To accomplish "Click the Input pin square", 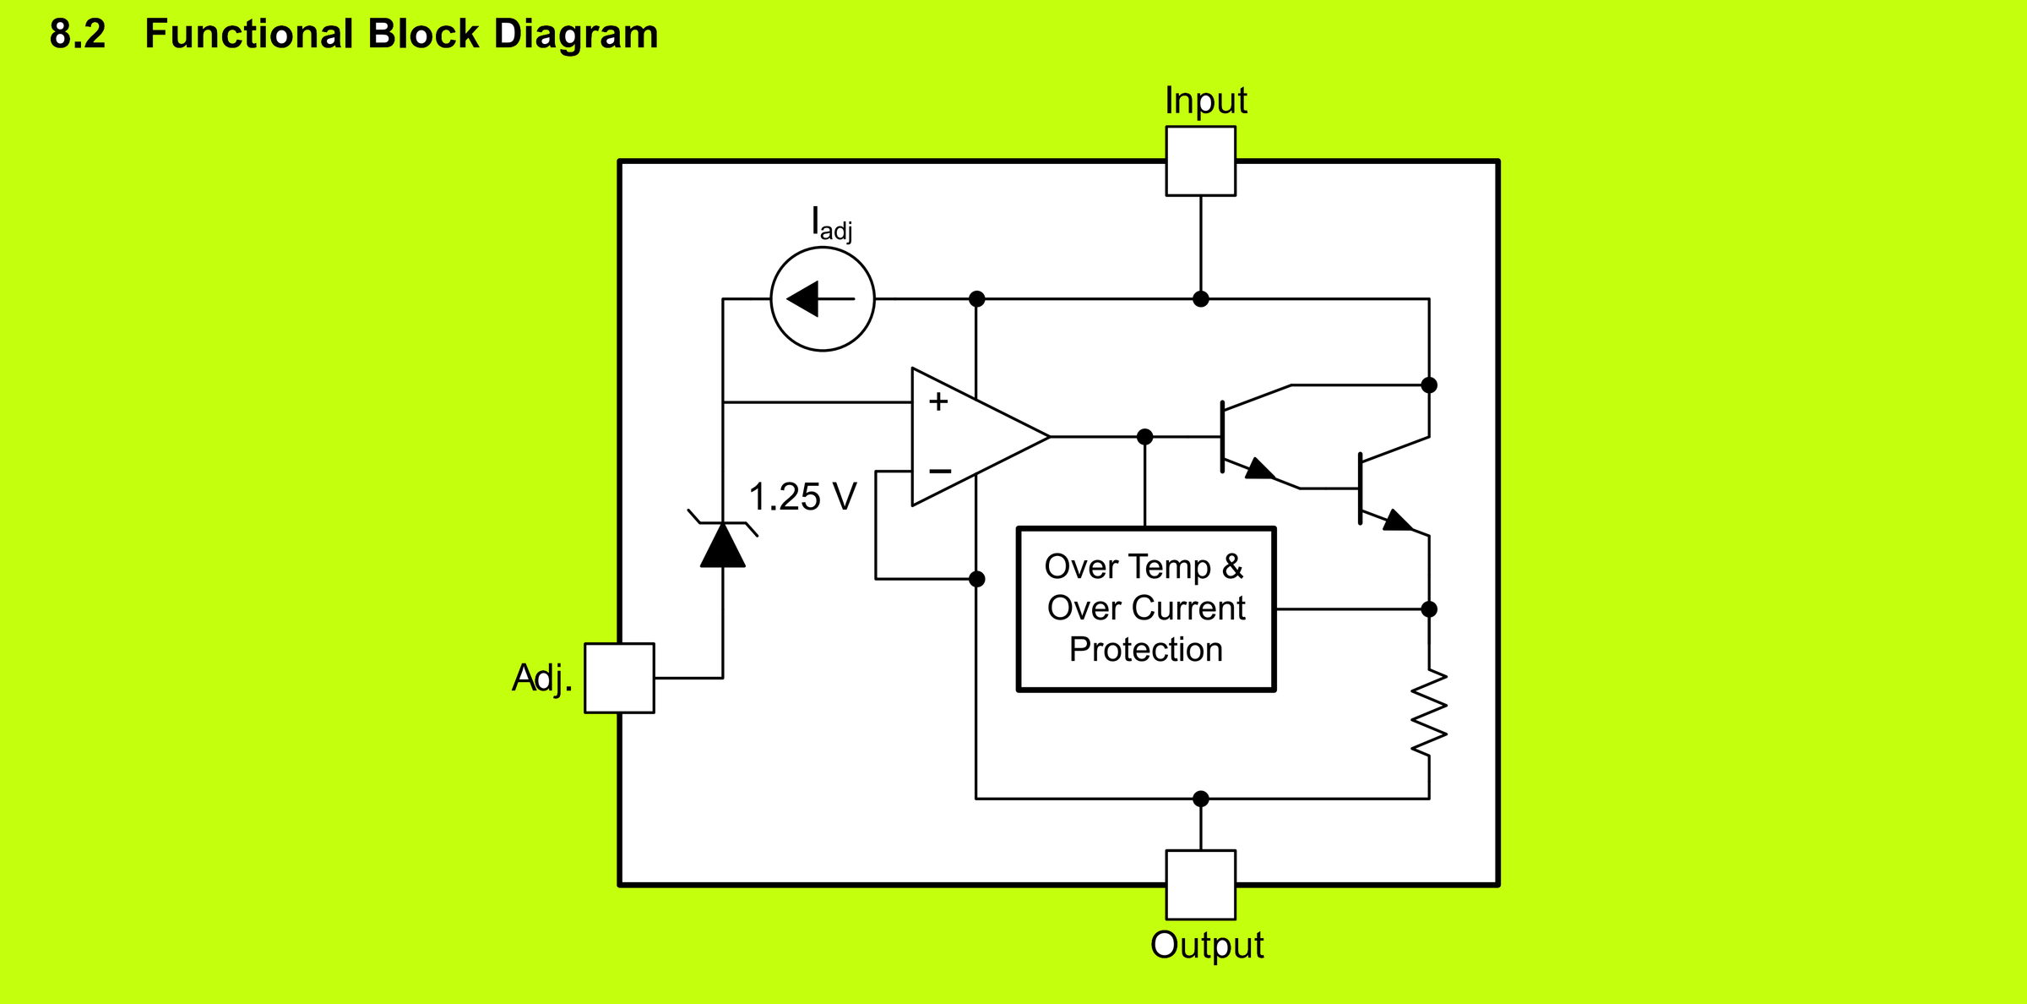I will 1200,161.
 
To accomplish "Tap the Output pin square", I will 1200,884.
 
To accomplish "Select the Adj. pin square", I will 619,678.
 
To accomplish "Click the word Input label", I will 1205,101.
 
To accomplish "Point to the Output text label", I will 1206,945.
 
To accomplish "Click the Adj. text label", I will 541,678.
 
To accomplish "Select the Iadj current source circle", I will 822,298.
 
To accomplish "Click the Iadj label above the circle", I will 831,224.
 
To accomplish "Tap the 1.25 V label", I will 802,497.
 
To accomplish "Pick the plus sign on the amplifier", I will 938,401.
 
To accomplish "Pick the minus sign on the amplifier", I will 940,471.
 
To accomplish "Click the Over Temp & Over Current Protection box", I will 1145,608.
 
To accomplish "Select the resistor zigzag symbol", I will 1429,712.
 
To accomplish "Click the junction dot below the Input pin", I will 1200,299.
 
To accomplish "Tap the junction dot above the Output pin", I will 1200,799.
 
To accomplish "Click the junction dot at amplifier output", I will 1144,437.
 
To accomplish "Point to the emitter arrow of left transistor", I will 1260,469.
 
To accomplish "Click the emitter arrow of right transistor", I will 1397,521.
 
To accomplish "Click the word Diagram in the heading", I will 575,35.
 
